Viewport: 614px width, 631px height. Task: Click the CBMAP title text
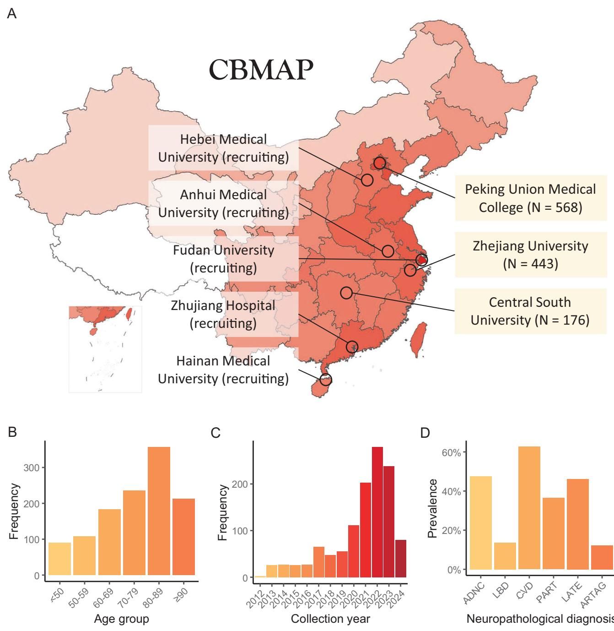coord(261,70)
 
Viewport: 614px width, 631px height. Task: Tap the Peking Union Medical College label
coord(530,198)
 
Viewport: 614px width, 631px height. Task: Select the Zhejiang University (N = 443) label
coord(530,255)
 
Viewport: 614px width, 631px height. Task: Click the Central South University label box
coord(530,311)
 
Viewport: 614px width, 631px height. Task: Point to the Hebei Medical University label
coord(223,148)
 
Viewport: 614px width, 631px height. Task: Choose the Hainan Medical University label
coord(223,370)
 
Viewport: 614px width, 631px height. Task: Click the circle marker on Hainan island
coord(325,379)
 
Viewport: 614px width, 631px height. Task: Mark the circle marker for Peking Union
coord(379,163)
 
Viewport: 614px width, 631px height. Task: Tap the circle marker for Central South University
coord(346,293)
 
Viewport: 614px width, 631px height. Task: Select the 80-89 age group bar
coord(159,511)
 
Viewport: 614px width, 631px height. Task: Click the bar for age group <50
coord(59,559)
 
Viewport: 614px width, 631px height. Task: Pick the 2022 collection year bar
coord(377,512)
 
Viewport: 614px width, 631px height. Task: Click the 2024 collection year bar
coord(401,559)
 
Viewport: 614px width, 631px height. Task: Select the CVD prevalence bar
coord(529,508)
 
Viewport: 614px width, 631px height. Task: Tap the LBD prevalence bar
coord(505,556)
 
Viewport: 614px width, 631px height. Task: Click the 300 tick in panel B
coord(34,468)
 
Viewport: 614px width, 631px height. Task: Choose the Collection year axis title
coord(330,619)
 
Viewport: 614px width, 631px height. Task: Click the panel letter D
coord(425,433)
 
